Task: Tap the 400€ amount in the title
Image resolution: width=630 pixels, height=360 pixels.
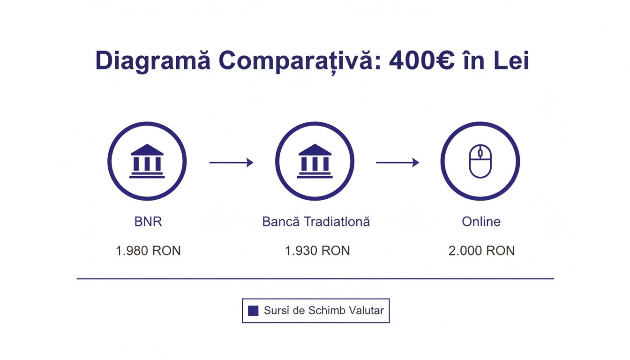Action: pyautogui.click(x=421, y=61)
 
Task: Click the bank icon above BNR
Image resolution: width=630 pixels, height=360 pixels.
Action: pyautogui.click(x=147, y=161)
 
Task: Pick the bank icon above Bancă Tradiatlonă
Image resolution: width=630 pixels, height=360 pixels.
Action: pyautogui.click(x=315, y=161)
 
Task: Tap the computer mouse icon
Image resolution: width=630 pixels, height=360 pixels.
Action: pyautogui.click(x=480, y=161)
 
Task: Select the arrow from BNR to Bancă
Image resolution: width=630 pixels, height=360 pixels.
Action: pyautogui.click(x=231, y=163)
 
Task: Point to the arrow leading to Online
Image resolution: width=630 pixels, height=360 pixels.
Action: pyautogui.click(x=397, y=163)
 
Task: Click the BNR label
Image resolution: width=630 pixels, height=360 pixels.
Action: pyautogui.click(x=148, y=222)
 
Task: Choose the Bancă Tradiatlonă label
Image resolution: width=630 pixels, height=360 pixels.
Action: pyautogui.click(x=316, y=222)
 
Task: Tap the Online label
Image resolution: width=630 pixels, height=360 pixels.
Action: pyautogui.click(x=481, y=222)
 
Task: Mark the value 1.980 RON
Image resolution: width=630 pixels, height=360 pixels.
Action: pyautogui.click(x=148, y=251)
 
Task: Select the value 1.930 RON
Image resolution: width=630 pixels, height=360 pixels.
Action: pyautogui.click(x=317, y=251)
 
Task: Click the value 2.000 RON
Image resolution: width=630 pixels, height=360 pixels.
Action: pyautogui.click(x=481, y=251)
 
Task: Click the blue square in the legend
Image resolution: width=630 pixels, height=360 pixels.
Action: pyautogui.click(x=253, y=310)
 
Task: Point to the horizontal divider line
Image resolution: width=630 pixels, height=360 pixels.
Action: pyautogui.click(x=315, y=279)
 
